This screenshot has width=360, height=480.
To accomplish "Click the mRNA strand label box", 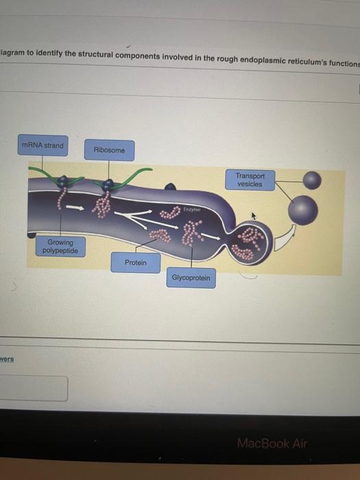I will pyautogui.click(x=43, y=145).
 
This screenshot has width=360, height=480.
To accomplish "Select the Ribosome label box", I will pyautogui.click(x=109, y=150).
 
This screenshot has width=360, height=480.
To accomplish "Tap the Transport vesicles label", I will pyautogui.click(x=250, y=180).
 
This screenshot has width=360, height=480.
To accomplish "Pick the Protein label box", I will pyautogui.click(x=135, y=263).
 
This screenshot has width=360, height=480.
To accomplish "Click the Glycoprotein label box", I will pyautogui.click(x=191, y=278).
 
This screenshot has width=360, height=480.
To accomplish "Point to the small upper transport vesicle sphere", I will pyautogui.click(x=312, y=180).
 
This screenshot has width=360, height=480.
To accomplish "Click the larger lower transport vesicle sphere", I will pyautogui.click(x=302, y=210).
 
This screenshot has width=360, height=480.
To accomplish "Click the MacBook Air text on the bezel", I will pyautogui.click(x=272, y=443).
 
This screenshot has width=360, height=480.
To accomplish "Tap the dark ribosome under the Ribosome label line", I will pyautogui.click(x=107, y=184).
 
